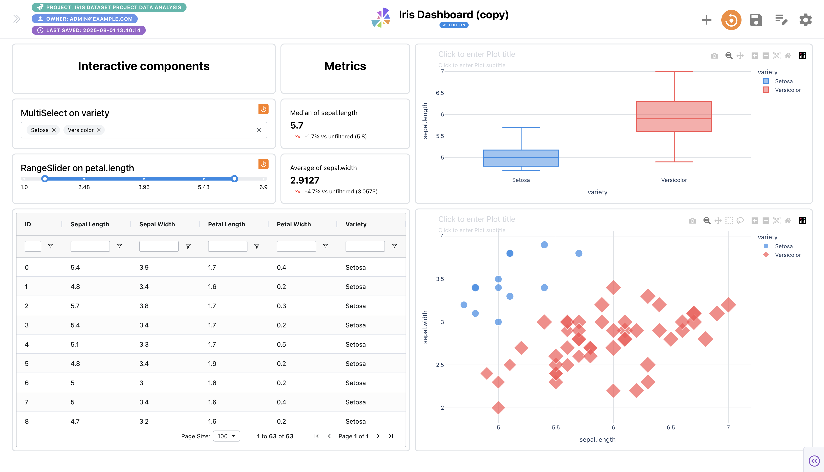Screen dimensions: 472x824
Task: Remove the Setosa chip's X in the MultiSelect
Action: [54, 130]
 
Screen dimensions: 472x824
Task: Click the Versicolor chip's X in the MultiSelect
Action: [99, 130]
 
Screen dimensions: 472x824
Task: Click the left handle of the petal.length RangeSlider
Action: [45, 179]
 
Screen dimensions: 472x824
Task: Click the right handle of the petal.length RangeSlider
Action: [234, 179]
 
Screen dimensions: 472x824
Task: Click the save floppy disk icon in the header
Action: [756, 20]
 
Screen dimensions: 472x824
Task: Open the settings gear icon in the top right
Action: [805, 20]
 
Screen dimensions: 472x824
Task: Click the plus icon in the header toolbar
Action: [706, 20]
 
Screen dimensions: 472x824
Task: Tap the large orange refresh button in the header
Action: [731, 20]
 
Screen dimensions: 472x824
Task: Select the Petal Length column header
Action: [226, 224]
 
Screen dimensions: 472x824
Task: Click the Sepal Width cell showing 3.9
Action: [144, 267]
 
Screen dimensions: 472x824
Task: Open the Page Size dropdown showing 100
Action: [226, 436]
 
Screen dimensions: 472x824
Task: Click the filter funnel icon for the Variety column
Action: [394, 246]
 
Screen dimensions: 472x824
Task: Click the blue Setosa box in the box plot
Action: [521, 158]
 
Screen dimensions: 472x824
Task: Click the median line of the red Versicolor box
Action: [674, 119]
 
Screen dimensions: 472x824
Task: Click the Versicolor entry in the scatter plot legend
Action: [787, 255]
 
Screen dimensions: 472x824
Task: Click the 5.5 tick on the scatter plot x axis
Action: [556, 427]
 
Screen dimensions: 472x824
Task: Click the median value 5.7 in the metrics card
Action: [297, 126]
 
